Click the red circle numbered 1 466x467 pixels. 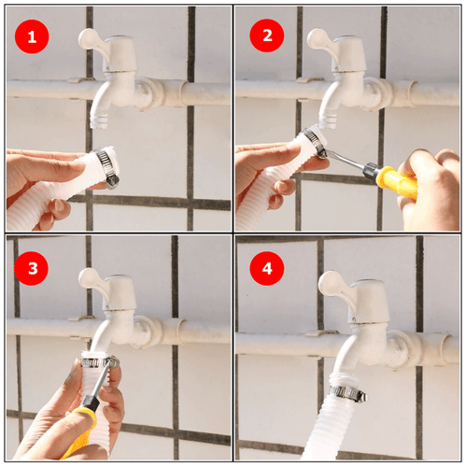pyautogui.click(x=32, y=36)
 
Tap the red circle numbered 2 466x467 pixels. pyautogui.click(x=267, y=35)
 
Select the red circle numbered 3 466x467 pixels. pyautogui.click(x=31, y=268)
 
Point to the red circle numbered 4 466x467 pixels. pyautogui.click(x=267, y=268)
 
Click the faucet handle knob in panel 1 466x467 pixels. pyautogui.click(x=89, y=38)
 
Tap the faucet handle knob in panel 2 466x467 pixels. pyautogui.click(x=318, y=38)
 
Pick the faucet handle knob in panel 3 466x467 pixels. pyautogui.click(x=89, y=278)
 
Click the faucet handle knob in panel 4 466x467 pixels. pyautogui.click(x=330, y=282)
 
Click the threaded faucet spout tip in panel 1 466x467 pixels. pyautogui.click(x=99, y=121)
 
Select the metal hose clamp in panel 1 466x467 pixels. pyautogui.click(x=107, y=167)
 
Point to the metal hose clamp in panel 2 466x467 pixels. pyautogui.click(x=316, y=143)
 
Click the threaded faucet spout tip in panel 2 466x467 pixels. pyautogui.click(x=328, y=121)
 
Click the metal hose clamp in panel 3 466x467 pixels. pyautogui.click(x=99, y=362)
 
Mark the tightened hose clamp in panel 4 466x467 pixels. pyautogui.click(x=347, y=393)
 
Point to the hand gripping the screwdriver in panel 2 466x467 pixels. pyautogui.click(x=431, y=189)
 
